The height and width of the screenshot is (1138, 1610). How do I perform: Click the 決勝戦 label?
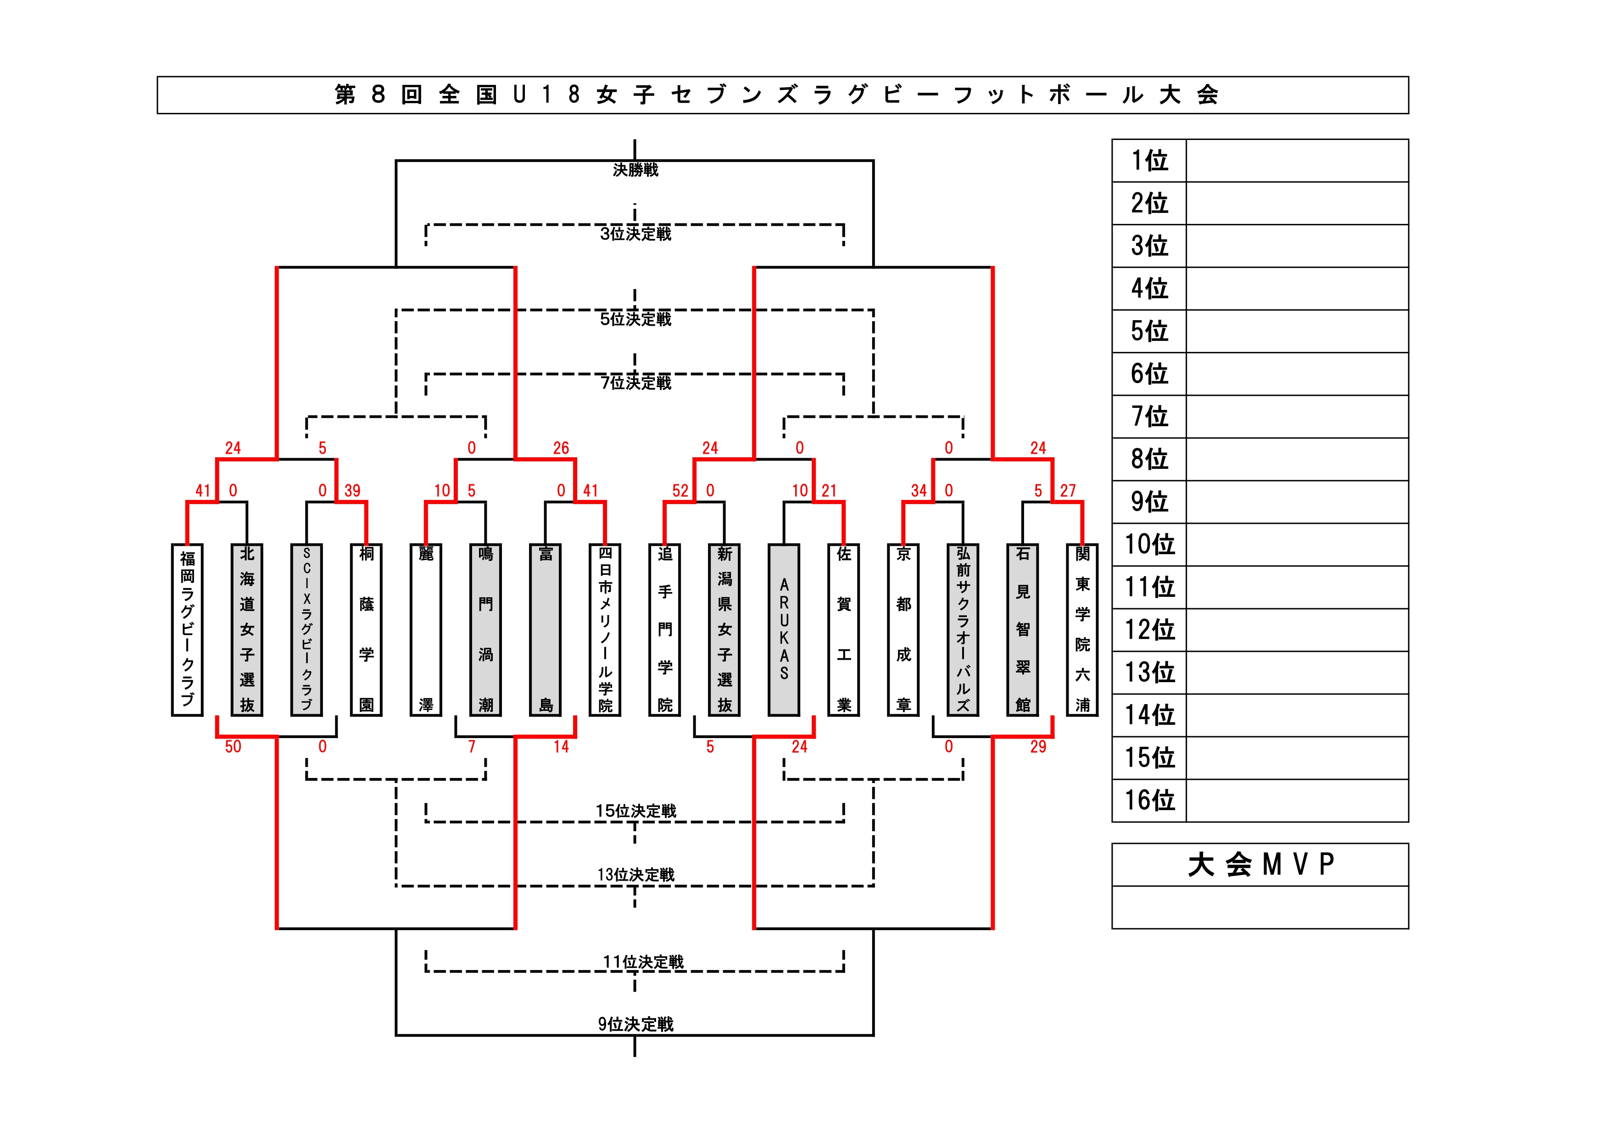[x=635, y=170]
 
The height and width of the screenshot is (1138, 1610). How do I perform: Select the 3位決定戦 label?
[x=635, y=233]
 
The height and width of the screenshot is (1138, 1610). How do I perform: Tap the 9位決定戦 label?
[x=635, y=1024]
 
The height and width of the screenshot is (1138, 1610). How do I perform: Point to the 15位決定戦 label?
[x=635, y=810]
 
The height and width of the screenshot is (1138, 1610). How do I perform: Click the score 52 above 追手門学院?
[x=680, y=491]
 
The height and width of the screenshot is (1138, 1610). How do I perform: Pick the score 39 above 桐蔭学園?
[x=352, y=491]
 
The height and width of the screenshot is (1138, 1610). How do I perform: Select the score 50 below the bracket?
[x=233, y=747]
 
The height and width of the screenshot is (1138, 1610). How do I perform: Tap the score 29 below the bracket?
[x=1038, y=747]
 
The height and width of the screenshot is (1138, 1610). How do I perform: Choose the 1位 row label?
[x=1149, y=161]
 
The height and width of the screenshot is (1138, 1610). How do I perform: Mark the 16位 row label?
[x=1149, y=800]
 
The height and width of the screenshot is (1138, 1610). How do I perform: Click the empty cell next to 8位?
[x=1297, y=459]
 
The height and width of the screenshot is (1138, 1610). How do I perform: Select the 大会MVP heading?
[x=1260, y=865]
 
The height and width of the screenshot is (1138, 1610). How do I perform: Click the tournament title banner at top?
[x=783, y=94]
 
